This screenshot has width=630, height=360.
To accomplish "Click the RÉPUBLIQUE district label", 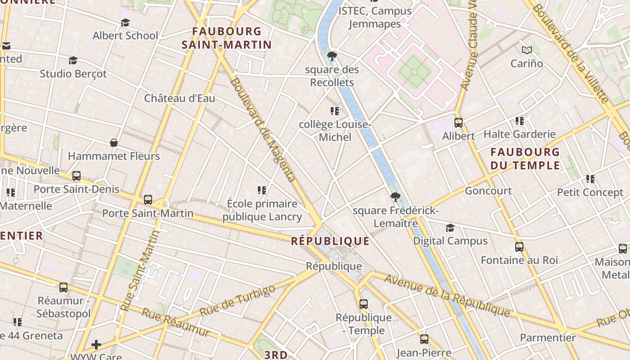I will click(x=330, y=241).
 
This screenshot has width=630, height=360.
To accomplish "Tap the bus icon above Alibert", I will click(x=459, y=122).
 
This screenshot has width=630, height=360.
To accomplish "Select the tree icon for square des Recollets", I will click(x=332, y=56).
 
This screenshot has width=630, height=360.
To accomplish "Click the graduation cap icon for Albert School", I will click(x=125, y=22).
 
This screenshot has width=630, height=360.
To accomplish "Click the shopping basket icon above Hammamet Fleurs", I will click(x=114, y=143).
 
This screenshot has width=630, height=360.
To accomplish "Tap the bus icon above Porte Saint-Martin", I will click(x=148, y=200).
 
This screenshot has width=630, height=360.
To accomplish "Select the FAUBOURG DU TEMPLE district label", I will click(x=525, y=158).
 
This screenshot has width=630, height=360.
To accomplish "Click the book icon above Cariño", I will click(x=526, y=50).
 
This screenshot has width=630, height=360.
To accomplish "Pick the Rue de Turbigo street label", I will click(x=237, y=300).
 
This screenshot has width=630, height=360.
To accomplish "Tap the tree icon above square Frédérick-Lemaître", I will click(x=395, y=197).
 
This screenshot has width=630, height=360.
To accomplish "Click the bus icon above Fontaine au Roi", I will click(x=519, y=247).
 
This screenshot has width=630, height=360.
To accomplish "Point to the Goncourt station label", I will click(x=488, y=191).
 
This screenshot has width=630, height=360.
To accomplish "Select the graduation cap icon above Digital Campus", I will click(x=450, y=228).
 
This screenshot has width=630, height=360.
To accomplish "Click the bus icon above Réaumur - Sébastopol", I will click(x=63, y=287).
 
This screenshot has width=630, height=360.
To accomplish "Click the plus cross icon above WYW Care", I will click(x=96, y=345).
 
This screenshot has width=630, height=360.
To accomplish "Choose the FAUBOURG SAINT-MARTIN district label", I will click(x=227, y=38).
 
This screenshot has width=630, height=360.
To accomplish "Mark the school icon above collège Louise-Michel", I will click(x=334, y=111).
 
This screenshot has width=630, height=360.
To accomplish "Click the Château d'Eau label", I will click(x=180, y=98).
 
